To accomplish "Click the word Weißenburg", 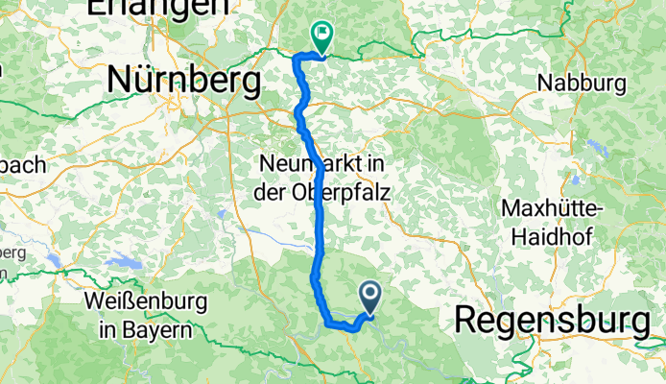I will tap(147, 301).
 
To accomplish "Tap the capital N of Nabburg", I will tap(545, 84).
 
